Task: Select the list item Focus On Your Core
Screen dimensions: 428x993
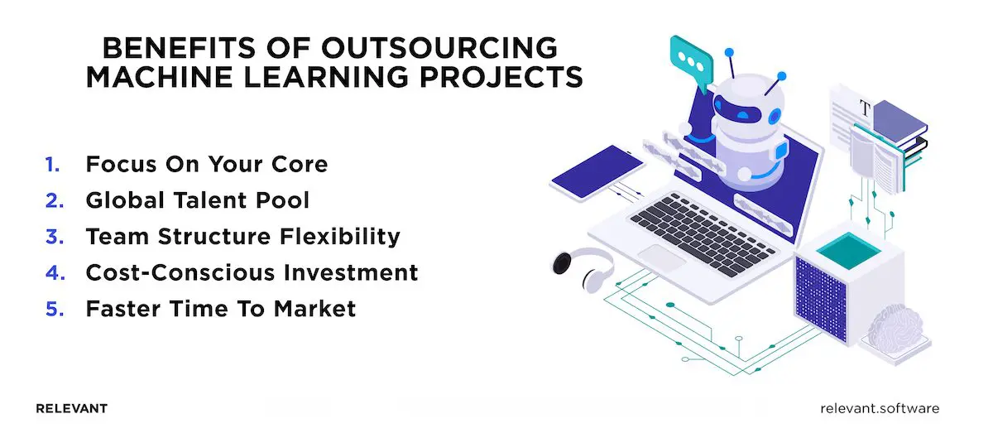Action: tap(206, 164)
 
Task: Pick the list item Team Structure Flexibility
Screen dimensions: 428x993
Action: tap(242, 236)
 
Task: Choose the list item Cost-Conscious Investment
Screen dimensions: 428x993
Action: tap(252, 272)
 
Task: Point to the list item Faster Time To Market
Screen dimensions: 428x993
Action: tap(220, 309)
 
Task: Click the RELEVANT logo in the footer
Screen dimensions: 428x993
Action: tap(72, 409)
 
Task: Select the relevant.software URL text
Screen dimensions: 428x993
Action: tap(880, 409)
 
